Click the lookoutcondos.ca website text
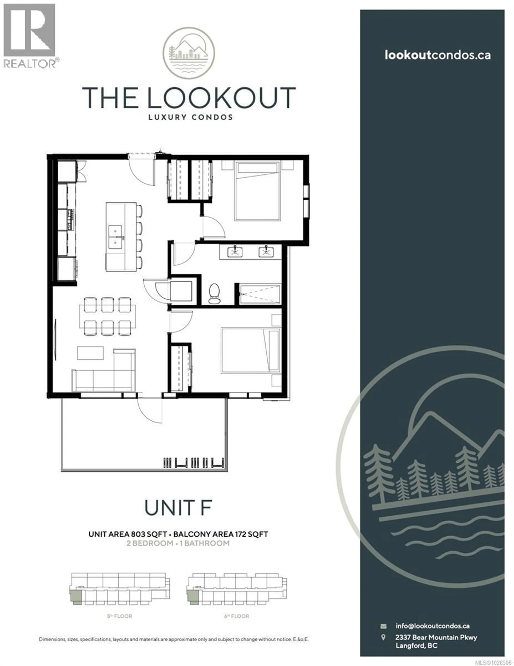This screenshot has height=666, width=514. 438,55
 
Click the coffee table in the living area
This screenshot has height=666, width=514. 90,353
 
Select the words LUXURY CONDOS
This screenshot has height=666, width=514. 190,117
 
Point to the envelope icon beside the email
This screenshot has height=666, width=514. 383,626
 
